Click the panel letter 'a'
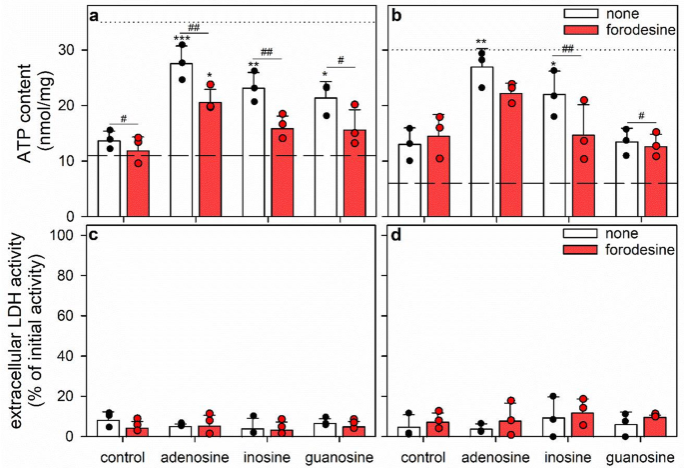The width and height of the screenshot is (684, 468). click(x=94, y=16)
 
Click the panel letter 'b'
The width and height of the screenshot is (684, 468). click(x=394, y=16)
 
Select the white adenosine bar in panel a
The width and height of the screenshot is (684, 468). click(x=180, y=140)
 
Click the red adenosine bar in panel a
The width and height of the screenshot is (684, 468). click(x=209, y=159)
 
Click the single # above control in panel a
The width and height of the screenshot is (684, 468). click(x=124, y=117)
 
